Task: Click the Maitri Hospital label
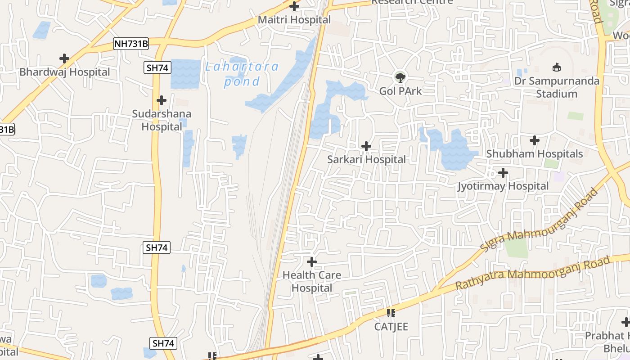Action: click(294, 20)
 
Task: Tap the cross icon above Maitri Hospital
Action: click(294, 6)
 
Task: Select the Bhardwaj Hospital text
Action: click(64, 72)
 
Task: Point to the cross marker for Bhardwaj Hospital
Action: click(64, 58)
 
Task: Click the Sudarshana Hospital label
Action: click(162, 120)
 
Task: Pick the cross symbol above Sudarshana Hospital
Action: click(162, 100)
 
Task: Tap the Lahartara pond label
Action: click(242, 74)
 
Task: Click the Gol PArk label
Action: click(400, 91)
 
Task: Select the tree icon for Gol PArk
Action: click(400, 77)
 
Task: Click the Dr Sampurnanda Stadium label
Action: click(557, 87)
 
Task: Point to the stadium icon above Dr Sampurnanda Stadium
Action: click(557, 67)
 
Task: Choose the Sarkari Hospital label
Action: click(366, 159)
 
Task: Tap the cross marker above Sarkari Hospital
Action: click(366, 146)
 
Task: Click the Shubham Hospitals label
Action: click(535, 154)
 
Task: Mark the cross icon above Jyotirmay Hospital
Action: click(503, 172)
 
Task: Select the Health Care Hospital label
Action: click(312, 281)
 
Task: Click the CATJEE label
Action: click(391, 327)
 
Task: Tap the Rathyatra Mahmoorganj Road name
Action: click(533, 273)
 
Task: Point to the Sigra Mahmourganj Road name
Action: click(539, 219)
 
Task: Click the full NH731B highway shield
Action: click(131, 44)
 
